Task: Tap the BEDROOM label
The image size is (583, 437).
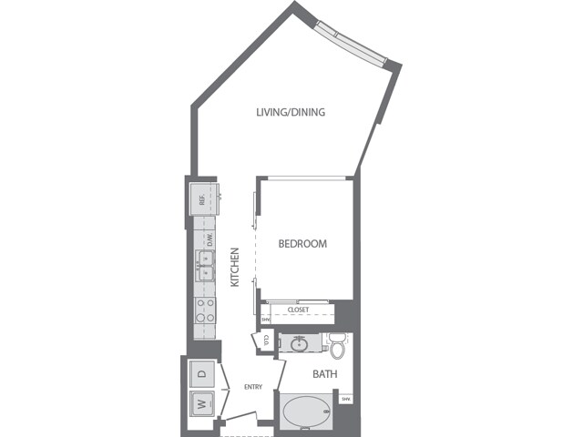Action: (x=302, y=244)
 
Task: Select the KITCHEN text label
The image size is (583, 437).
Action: (x=234, y=268)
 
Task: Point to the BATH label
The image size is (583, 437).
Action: (x=326, y=374)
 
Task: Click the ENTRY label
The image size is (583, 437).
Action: (x=253, y=387)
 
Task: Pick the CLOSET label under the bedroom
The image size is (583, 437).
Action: (x=298, y=310)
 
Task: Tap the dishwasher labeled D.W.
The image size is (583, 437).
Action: (x=209, y=240)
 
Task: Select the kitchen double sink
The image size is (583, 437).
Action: (x=202, y=270)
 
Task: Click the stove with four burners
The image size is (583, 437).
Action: (x=203, y=312)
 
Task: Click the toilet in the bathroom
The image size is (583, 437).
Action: (x=337, y=347)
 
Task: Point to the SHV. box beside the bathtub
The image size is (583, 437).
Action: (x=345, y=399)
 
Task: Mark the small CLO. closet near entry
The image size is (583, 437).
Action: (x=264, y=340)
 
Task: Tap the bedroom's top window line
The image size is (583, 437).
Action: (x=304, y=177)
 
